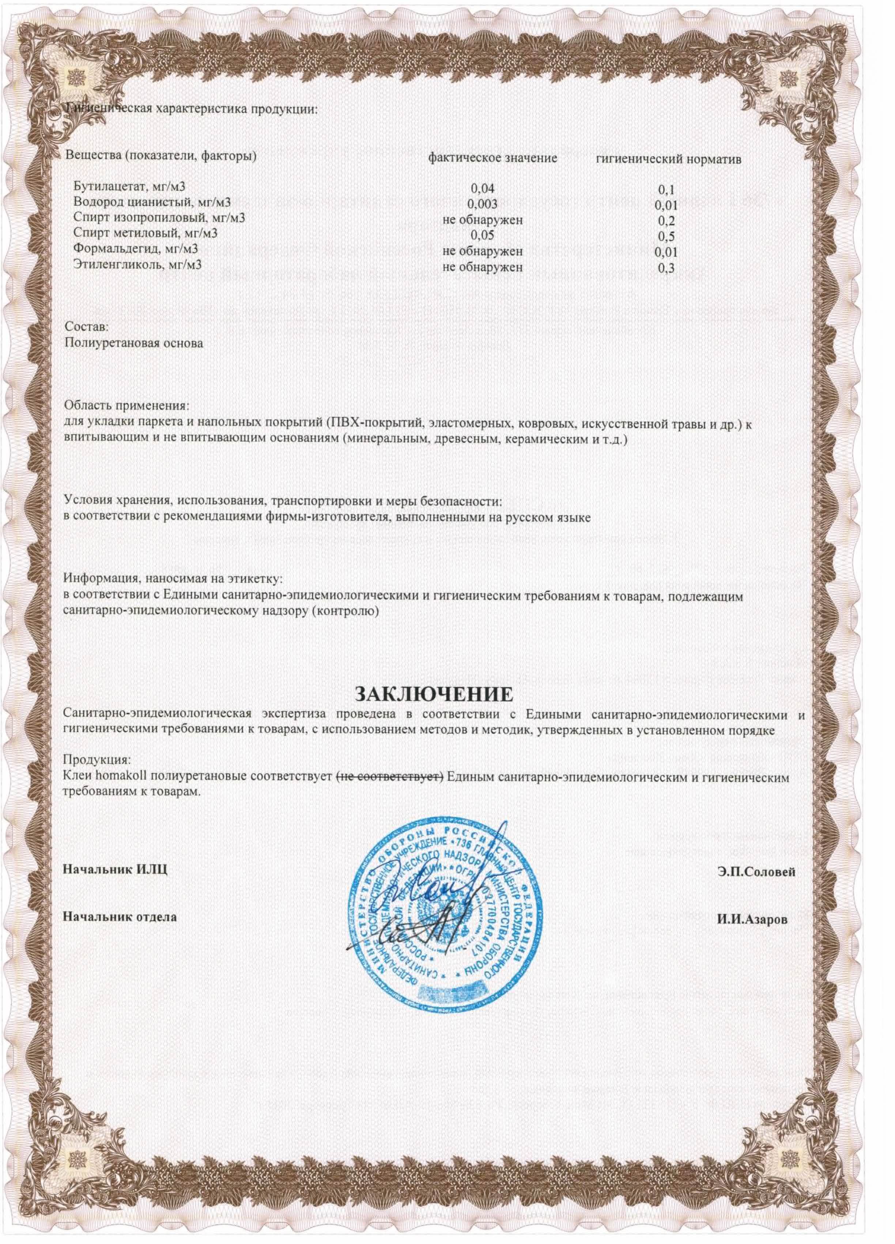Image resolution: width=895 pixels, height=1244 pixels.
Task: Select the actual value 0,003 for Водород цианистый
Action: (x=483, y=205)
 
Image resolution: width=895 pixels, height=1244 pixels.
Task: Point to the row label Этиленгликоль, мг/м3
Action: (x=137, y=264)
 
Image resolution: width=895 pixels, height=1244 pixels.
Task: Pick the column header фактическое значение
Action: (x=492, y=159)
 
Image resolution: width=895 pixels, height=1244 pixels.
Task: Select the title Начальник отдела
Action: (x=120, y=916)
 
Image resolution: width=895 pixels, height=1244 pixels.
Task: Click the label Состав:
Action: (x=87, y=326)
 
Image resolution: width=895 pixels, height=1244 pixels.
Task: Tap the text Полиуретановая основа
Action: (x=133, y=343)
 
